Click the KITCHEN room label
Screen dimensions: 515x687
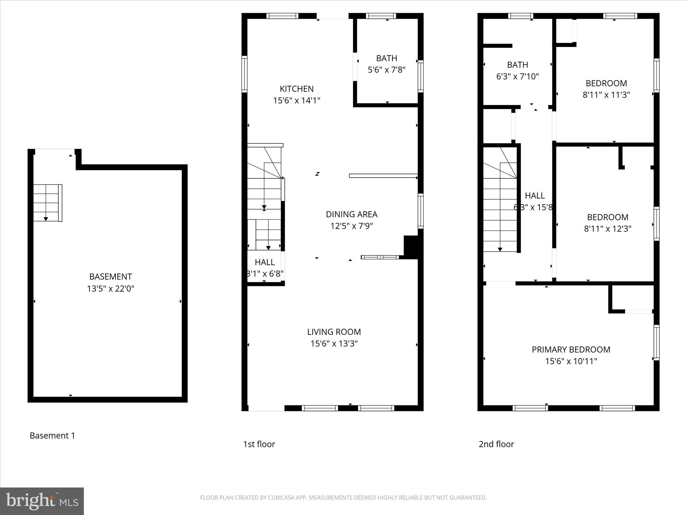pyautogui.click(x=297, y=89)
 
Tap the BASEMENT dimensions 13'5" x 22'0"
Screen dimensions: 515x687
pyautogui.click(x=110, y=289)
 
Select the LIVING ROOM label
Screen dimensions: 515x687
pyautogui.click(x=334, y=332)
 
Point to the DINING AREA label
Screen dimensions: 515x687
pyautogui.click(x=352, y=214)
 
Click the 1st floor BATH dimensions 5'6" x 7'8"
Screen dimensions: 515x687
pyautogui.click(x=386, y=70)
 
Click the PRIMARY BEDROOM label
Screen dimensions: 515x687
pyautogui.click(x=571, y=350)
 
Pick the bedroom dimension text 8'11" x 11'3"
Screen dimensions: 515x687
pyautogui.click(x=606, y=95)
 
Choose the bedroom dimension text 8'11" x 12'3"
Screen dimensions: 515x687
pyautogui.click(x=607, y=229)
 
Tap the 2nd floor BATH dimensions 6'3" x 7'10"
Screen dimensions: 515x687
pyautogui.click(x=517, y=76)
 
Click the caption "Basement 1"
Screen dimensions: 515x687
pyautogui.click(x=52, y=436)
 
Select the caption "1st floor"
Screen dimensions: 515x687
pyautogui.click(x=259, y=444)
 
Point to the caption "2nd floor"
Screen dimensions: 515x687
pyautogui.click(x=496, y=444)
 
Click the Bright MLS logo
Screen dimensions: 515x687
pyautogui.click(x=42, y=501)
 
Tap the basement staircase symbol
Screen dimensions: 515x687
pyautogui.click(x=47, y=203)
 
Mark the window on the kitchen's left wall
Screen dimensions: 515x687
pyautogui.click(x=245, y=74)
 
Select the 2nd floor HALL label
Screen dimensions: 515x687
pyautogui.click(x=534, y=195)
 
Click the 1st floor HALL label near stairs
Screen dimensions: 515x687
pyautogui.click(x=265, y=262)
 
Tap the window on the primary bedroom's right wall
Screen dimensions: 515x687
pyautogui.click(x=656, y=342)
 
